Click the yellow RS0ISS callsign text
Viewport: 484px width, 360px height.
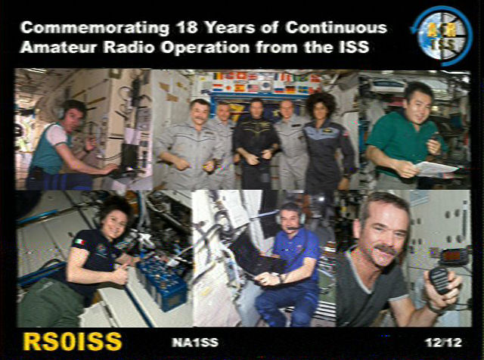tap(73, 342)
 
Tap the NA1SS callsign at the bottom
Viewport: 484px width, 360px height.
tap(195, 343)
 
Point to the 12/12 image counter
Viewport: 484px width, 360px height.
tap(443, 343)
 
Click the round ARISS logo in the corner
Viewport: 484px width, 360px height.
tap(442, 36)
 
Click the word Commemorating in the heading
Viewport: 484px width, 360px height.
tap(95, 27)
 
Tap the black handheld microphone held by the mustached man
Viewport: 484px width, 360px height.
tap(440, 280)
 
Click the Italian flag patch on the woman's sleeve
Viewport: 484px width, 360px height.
tap(80, 241)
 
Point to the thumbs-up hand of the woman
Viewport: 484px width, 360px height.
tap(119, 274)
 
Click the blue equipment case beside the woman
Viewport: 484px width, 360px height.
tap(163, 283)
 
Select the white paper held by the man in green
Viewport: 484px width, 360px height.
tap(436, 169)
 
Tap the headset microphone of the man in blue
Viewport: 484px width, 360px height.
tap(292, 228)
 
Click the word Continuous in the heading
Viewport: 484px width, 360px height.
tap(336, 27)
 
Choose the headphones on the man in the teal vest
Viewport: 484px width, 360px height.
tap(61, 112)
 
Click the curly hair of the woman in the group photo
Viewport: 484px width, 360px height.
tap(321, 103)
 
